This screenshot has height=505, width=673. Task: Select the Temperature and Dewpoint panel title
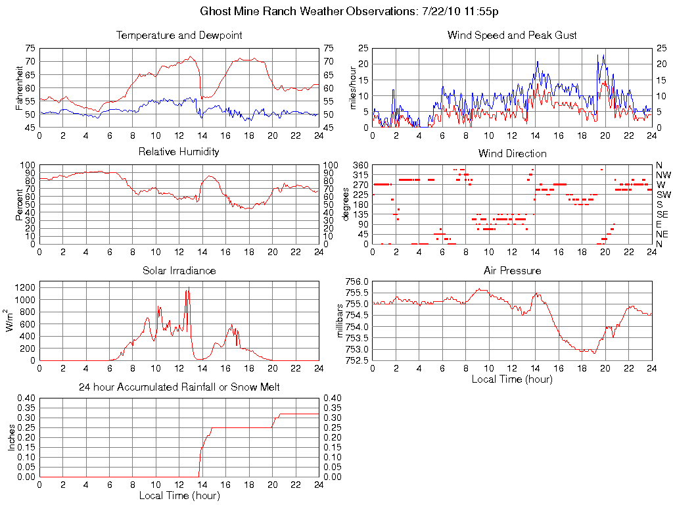pyautogui.click(x=179, y=35)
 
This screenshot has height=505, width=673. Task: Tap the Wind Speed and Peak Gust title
pyautogui.click(x=512, y=35)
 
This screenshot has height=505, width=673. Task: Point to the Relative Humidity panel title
pyautogui.click(x=179, y=152)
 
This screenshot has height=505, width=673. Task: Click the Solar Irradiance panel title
pyautogui.click(x=179, y=270)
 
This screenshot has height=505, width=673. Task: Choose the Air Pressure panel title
pyautogui.click(x=512, y=270)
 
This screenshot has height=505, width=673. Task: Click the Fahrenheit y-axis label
pyautogui.click(x=20, y=87)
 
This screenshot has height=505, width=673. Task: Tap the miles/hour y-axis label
pyautogui.click(x=352, y=87)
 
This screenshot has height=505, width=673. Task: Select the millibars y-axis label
pyautogui.click(x=340, y=321)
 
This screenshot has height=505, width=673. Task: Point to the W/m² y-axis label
pyautogui.click(x=11, y=320)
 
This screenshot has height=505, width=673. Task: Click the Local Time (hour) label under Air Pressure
pyautogui.click(x=512, y=379)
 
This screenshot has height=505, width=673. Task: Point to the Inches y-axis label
pyautogui.click(x=11, y=437)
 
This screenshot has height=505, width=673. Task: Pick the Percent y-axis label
pyautogui.click(x=20, y=204)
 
